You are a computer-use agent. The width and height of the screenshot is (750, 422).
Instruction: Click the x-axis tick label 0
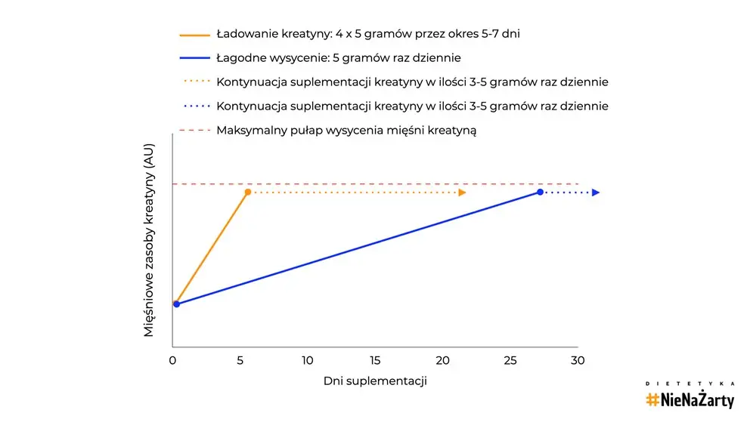pyautogui.click(x=173, y=360)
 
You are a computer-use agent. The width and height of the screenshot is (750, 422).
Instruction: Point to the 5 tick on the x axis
pyautogui.click(x=240, y=360)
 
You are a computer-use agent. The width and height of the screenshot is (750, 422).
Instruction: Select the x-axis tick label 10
pyautogui.click(x=308, y=360)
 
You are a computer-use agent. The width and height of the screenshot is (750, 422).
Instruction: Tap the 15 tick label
pyautogui.click(x=375, y=360)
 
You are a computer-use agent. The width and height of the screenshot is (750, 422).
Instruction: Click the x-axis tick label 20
pyautogui.click(x=442, y=360)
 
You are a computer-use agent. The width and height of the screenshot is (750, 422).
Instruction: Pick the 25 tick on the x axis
pyautogui.click(x=510, y=360)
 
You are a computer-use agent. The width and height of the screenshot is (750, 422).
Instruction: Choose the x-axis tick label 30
pyautogui.click(x=578, y=360)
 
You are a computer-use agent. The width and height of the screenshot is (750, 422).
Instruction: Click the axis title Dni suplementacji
pyautogui.click(x=375, y=381)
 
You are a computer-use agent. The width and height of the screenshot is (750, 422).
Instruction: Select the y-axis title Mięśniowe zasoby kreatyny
pyautogui.click(x=149, y=241)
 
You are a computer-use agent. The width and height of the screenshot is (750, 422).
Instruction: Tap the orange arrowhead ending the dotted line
pyautogui.click(x=462, y=193)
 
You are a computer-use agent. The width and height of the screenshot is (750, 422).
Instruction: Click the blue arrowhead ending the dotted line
pyautogui.click(x=596, y=193)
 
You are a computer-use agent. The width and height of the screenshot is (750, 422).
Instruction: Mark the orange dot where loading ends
pyautogui.click(x=247, y=193)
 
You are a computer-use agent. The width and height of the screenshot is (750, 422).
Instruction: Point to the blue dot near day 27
pyautogui.click(x=540, y=193)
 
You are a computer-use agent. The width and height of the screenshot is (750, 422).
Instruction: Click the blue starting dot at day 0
pyautogui.click(x=176, y=304)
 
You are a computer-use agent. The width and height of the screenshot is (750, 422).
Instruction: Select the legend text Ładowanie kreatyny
pyautogui.click(x=367, y=34)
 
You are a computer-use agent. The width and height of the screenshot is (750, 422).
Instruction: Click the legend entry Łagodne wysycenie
pyautogui.click(x=339, y=58)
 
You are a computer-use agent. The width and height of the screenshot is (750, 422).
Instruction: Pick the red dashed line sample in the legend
pyautogui.click(x=194, y=131)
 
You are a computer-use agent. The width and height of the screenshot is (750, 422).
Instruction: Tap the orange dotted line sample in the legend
pyautogui.click(x=194, y=82)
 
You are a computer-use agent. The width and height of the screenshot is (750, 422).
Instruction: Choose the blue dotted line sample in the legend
pyautogui.click(x=194, y=106)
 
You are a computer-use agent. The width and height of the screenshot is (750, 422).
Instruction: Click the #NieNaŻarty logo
pyautogui.click(x=690, y=398)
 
